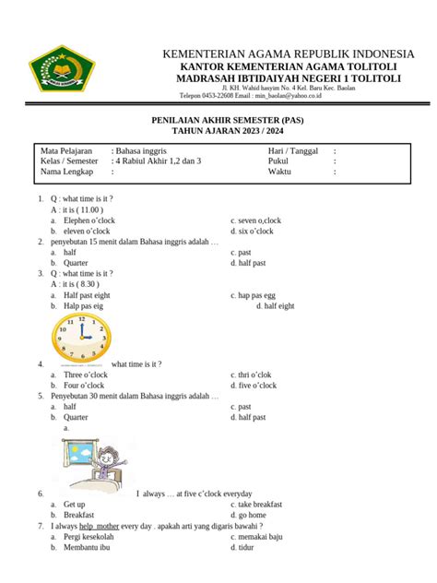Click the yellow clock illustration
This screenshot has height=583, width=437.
(x=79, y=331)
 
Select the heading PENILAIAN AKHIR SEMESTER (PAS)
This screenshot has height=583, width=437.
(x=218, y=120)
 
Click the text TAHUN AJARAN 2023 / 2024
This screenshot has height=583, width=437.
(x=218, y=132)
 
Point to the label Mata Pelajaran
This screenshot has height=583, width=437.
(x=67, y=149)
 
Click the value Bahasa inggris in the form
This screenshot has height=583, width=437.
(x=143, y=149)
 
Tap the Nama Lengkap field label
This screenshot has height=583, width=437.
(x=66, y=171)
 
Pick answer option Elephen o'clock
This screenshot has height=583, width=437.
(x=89, y=220)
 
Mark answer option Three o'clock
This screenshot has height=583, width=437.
(x=86, y=375)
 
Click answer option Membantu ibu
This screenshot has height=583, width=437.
(x=87, y=547)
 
